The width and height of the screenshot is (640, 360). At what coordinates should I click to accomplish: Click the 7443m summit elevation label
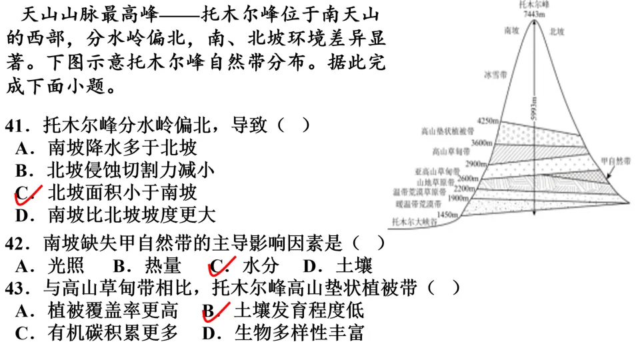(x=535, y=13)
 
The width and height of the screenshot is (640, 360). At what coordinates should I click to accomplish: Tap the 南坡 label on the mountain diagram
(x=511, y=31)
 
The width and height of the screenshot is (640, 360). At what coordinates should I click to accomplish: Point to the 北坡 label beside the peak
(x=557, y=31)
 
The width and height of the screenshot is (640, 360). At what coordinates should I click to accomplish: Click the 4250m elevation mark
(x=489, y=121)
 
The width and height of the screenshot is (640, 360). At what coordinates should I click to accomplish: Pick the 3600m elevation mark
(x=481, y=143)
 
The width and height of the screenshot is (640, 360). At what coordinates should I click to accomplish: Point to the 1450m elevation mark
(x=449, y=215)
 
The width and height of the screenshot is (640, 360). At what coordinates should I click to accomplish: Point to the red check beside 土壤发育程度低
(x=215, y=310)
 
